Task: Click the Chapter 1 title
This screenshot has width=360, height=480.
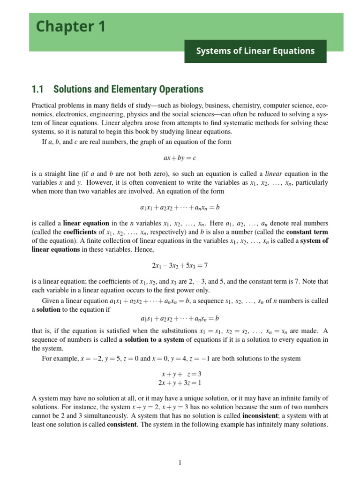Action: [71, 27]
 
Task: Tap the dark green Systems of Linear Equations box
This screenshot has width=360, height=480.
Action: [255, 51]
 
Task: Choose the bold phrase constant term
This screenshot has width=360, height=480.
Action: [307, 232]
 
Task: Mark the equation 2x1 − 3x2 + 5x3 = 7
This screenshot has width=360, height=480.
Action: [180, 265]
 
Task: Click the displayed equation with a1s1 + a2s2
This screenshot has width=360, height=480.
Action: [180, 319]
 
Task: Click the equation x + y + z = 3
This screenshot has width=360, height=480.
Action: [181, 374]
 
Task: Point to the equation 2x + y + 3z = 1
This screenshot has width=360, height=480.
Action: [180, 382]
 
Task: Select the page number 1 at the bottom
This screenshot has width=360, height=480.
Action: [180, 463]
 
